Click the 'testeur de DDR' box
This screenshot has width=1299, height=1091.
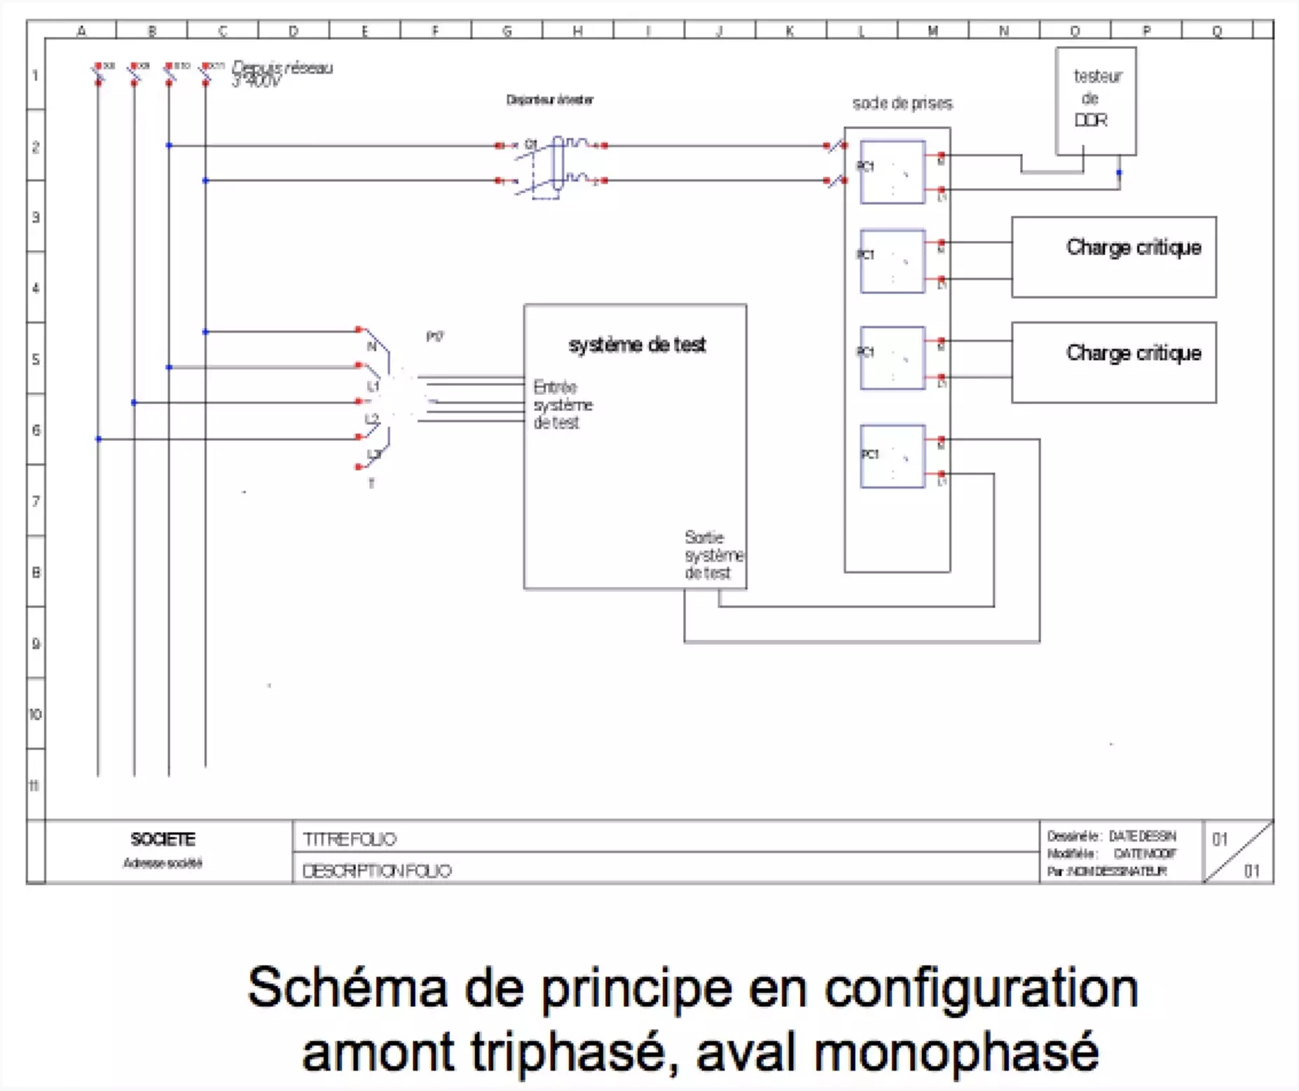tap(1095, 100)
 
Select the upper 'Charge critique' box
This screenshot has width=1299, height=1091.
tap(1113, 257)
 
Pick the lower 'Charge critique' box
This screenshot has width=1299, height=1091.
tap(1113, 362)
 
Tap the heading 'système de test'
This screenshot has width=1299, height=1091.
tap(637, 345)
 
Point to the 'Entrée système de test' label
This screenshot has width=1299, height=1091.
tap(562, 405)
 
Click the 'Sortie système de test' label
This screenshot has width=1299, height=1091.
tap(713, 555)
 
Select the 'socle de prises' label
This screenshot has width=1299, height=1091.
tap(902, 104)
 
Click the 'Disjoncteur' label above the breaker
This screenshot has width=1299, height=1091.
tap(549, 99)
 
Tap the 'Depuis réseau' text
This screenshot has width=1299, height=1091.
tap(282, 69)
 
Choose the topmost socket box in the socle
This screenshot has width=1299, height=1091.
tap(892, 172)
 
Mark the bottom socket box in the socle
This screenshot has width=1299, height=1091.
tap(892, 456)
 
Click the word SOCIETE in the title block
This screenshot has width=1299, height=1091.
tap(163, 839)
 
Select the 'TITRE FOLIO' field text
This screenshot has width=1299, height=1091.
tap(349, 839)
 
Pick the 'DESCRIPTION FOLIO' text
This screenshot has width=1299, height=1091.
tap(376, 870)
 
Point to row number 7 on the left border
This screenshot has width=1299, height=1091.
tap(36, 501)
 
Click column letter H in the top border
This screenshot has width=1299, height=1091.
tap(577, 31)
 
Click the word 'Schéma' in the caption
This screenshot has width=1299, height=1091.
tap(347, 988)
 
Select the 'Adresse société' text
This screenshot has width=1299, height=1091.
tap(163, 863)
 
